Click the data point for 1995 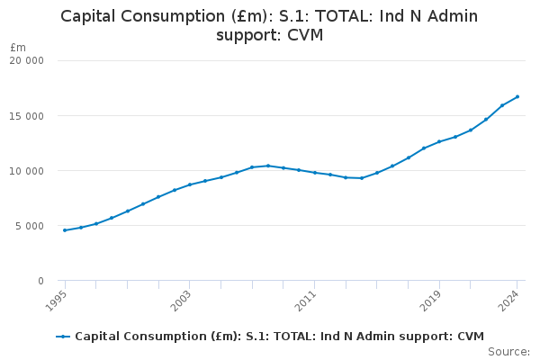point(65,230)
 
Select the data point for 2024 point(517,96)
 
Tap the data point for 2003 point(190,184)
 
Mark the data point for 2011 point(315,172)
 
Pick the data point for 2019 point(439,141)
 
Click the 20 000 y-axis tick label point(26,61)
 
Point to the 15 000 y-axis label point(26,116)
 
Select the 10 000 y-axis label point(26,171)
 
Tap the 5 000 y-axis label point(30,226)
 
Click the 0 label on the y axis point(40,281)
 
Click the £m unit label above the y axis point(18,47)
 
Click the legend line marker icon point(63,337)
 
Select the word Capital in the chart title point(91,16)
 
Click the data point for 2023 point(502,105)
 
